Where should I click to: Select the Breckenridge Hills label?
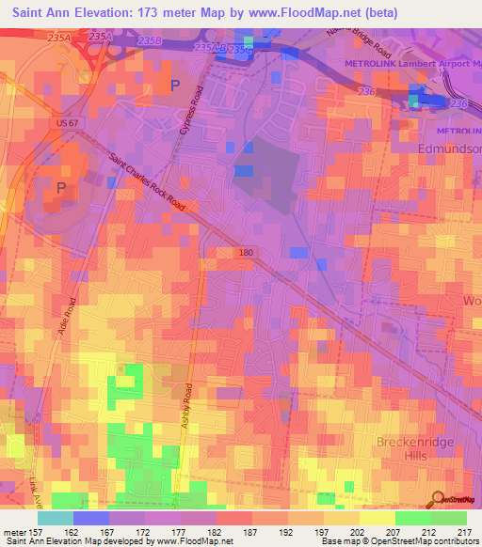pyautogui.click(x=417, y=449)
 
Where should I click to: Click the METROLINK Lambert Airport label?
pyautogui.click(x=406, y=65)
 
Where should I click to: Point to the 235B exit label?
pyautogui.click(x=148, y=41)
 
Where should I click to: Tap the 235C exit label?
pyautogui.click(x=241, y=50)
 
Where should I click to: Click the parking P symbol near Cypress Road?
pyautogui.click(x=174, y=86)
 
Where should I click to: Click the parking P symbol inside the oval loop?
pyautogui.click(x=62, y=188)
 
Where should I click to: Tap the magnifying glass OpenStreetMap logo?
pyautogui.click(x=439, y=499)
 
